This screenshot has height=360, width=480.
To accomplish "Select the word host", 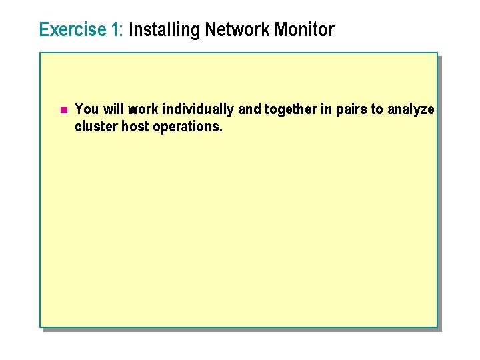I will coord(135,127).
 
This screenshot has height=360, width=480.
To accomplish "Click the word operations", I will coord(188,127).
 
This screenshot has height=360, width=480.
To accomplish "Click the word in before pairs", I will coord(326,109).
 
